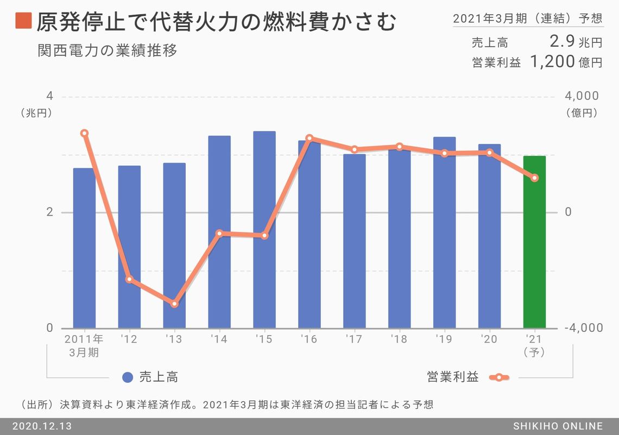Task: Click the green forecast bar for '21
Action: pos(534,242)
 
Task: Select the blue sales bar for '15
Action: pos(264,230)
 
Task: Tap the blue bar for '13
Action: pos(174,245)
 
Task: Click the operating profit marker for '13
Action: pos(174,304)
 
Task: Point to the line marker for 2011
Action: pos(84,133)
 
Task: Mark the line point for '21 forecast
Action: pos(534,178)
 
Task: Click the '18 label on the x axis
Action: pos(399,339)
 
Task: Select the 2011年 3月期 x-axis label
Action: pos(84,345)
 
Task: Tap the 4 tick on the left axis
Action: pos(50,96)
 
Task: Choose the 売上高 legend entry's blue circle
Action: pos(128,377)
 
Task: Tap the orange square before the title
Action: pos(23,22)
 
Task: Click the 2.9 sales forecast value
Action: pos(562,42)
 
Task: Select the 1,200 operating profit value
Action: pos(552,61)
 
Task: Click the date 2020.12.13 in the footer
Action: pos(41,426)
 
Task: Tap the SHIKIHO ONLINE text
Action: pos(558,426)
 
